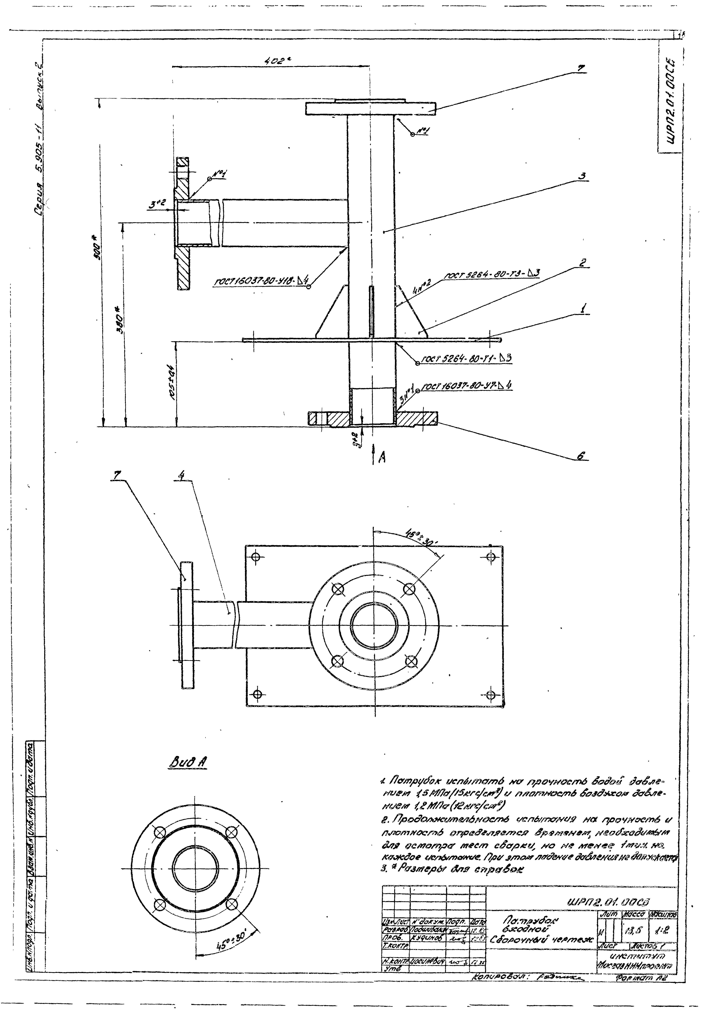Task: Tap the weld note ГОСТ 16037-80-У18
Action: (x=260, y=281)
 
